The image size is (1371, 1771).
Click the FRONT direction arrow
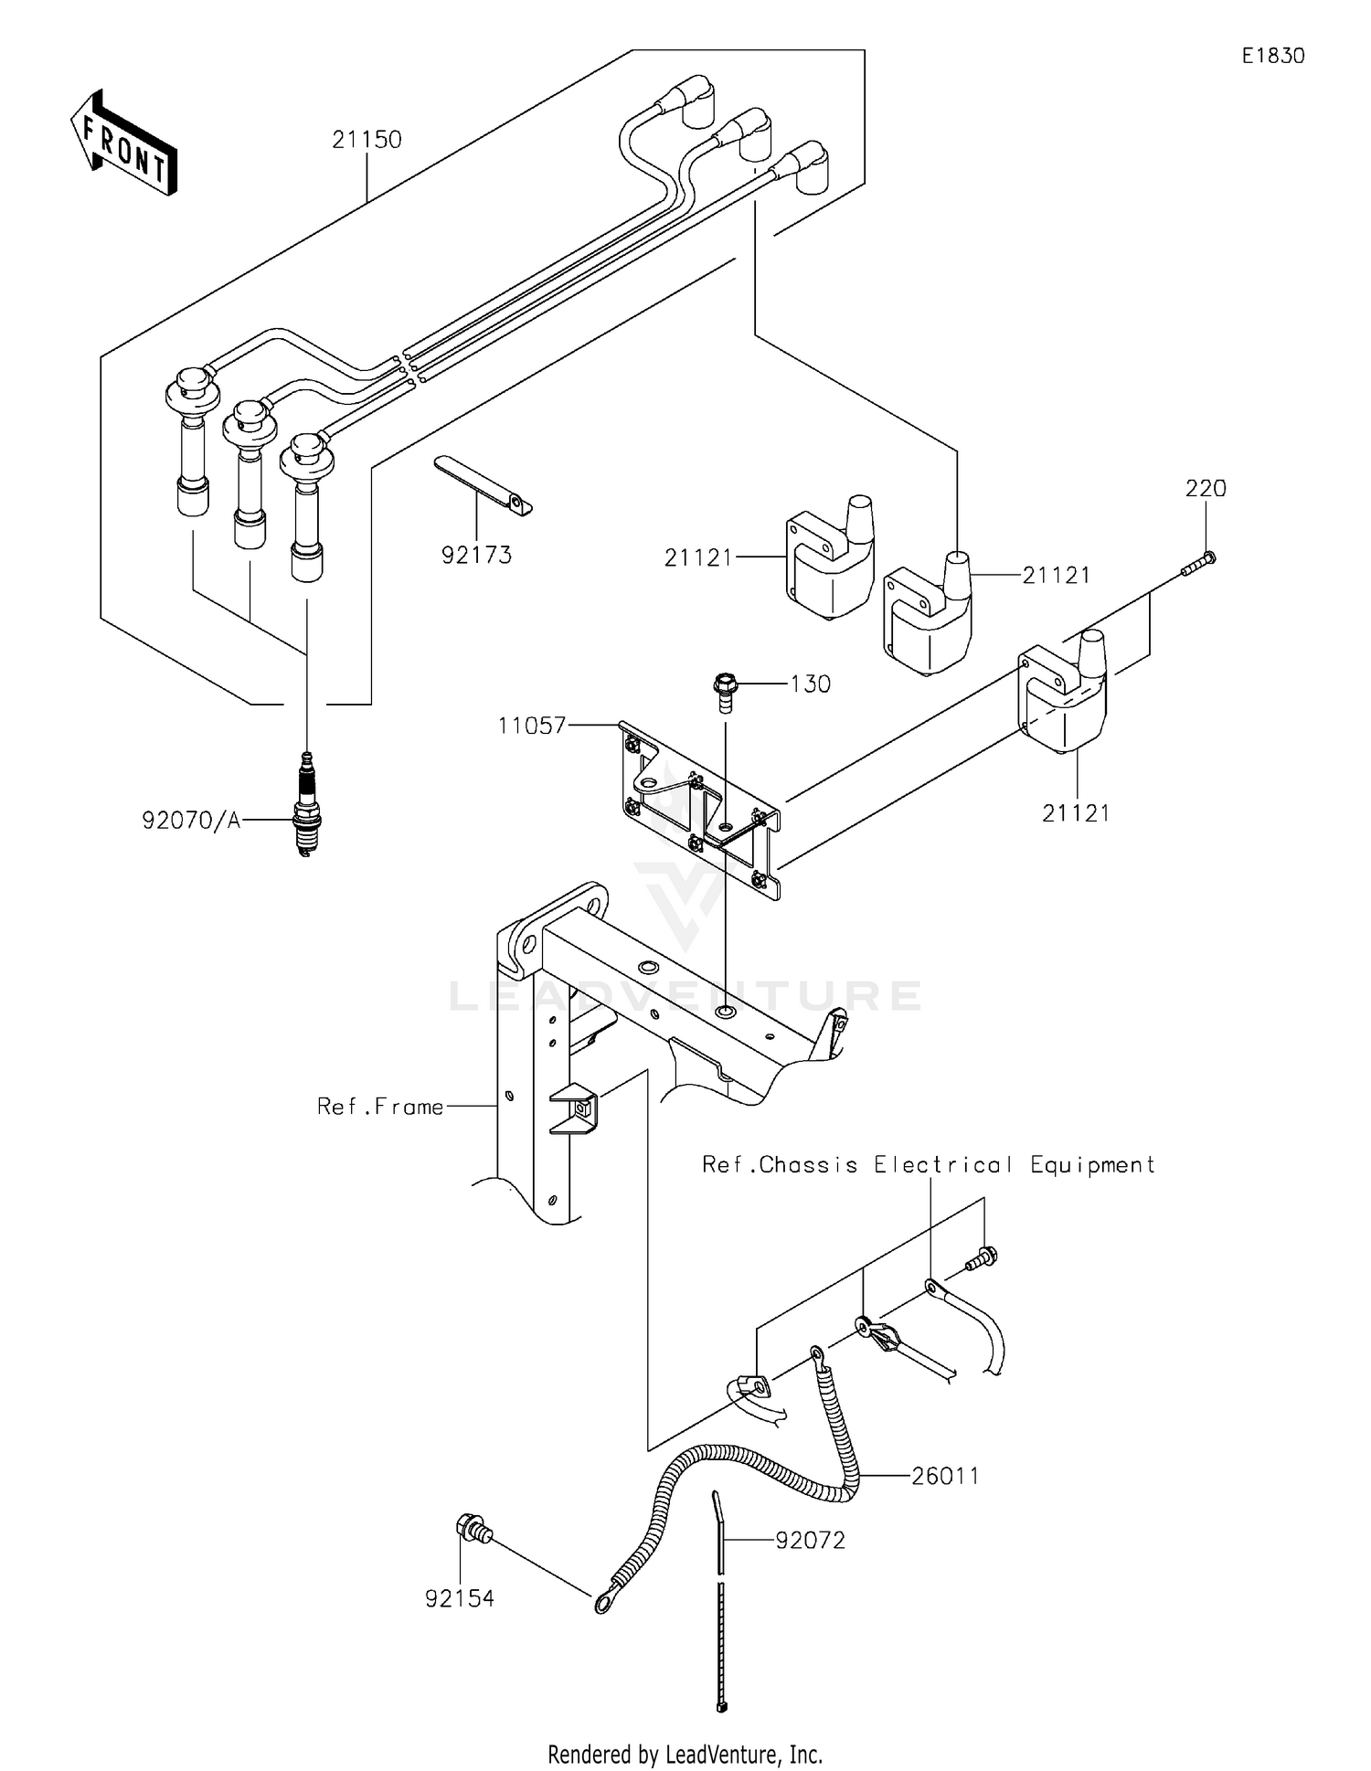123,143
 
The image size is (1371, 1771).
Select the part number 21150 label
367,140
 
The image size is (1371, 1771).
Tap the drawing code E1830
1272,56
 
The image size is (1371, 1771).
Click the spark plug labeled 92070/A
308,804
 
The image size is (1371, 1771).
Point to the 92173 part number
476,555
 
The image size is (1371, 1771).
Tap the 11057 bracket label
531,726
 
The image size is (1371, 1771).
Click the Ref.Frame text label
380,1107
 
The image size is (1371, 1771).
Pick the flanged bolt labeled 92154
473,1528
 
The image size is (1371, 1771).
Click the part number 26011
945,1476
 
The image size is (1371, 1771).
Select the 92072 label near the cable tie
810,1540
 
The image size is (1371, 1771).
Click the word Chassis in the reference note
808,1165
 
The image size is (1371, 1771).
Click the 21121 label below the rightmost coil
1076,812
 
